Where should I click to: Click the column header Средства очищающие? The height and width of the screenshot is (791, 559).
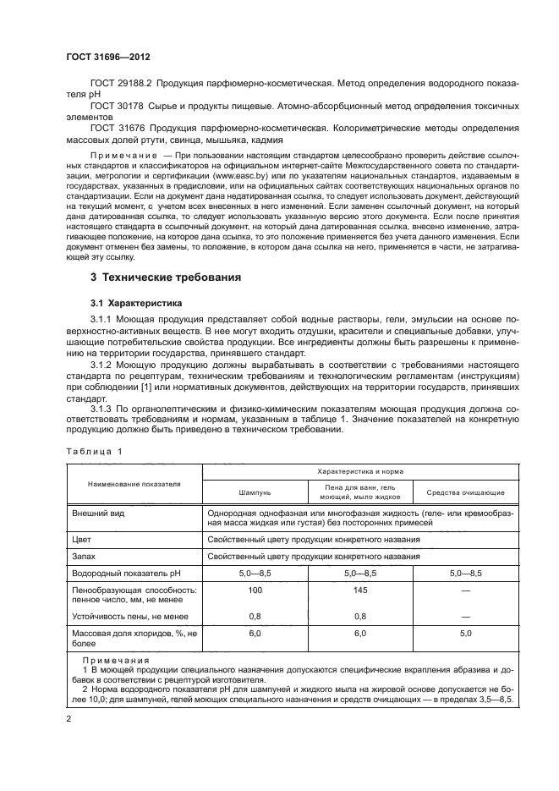(465, 492)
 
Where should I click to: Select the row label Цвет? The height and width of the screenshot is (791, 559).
(83, 537)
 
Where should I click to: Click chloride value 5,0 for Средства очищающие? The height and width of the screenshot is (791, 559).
(465, 633)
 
